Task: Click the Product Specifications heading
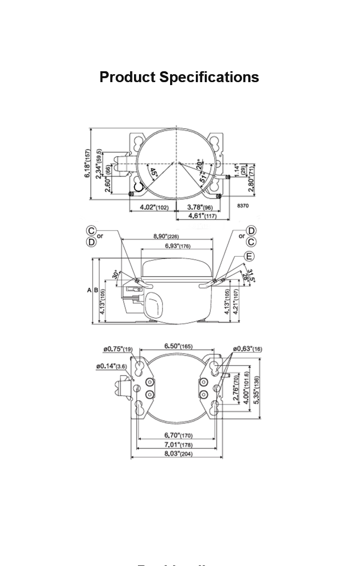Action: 179,77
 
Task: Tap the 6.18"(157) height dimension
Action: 88,164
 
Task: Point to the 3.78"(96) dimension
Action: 200,207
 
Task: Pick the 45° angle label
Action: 154,173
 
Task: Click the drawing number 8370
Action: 243,204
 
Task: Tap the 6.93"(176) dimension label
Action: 178,246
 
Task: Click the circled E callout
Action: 249,256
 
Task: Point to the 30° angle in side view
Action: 116,275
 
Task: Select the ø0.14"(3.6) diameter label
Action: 112,366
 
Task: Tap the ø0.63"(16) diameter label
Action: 246,349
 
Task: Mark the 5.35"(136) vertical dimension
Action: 256,389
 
